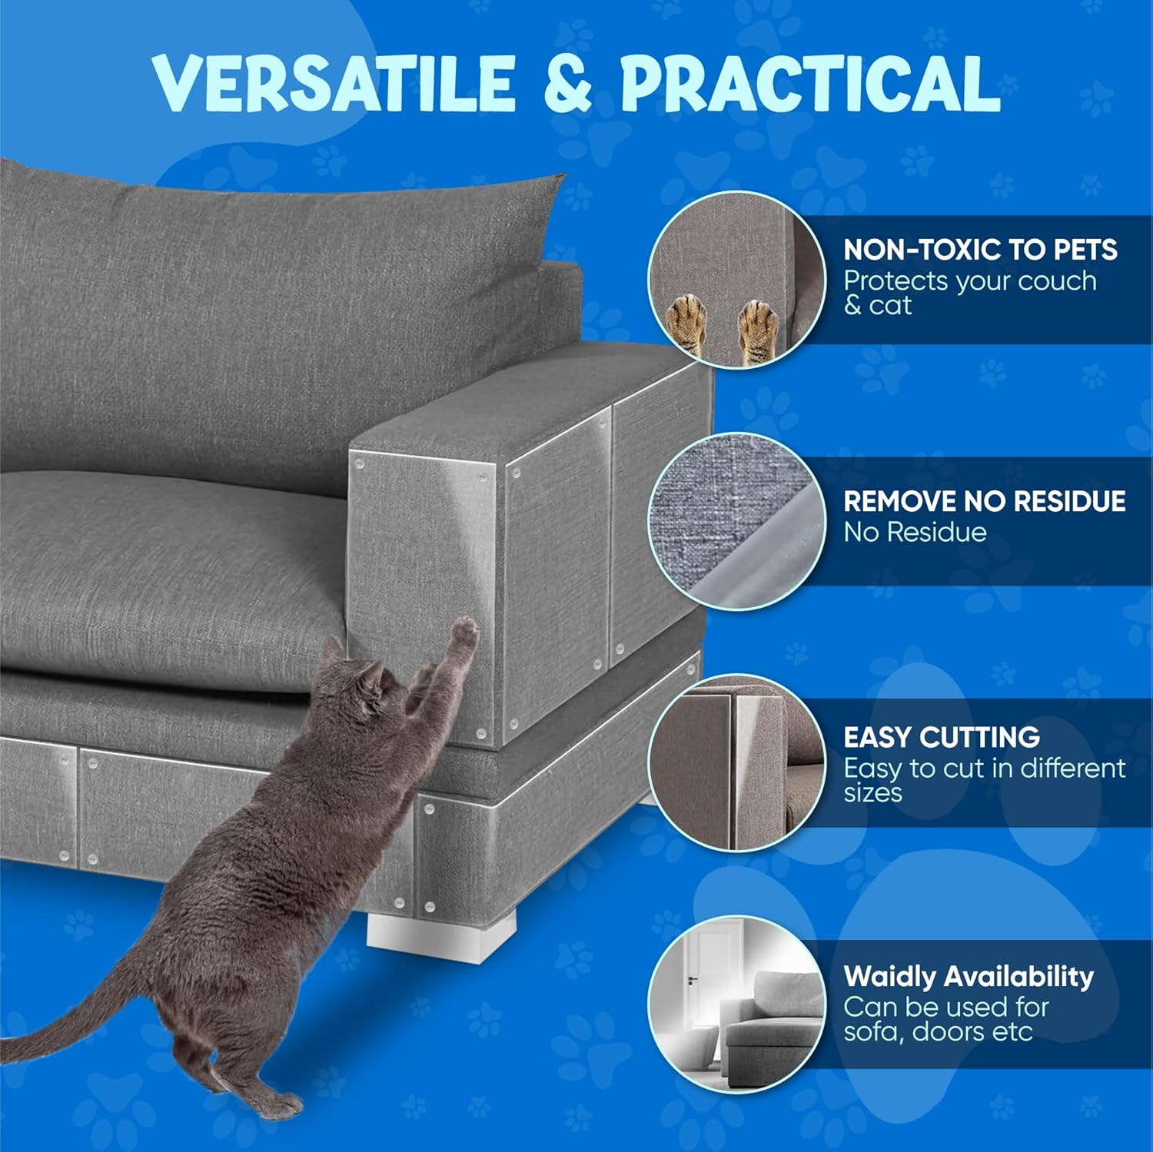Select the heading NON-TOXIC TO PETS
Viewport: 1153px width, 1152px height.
980,251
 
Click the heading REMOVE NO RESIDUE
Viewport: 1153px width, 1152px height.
984,501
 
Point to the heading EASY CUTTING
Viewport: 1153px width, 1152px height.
942,737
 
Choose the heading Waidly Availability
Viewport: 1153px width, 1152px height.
968,976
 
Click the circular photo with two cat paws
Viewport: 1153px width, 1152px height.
736,281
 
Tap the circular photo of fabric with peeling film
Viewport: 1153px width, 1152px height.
736,523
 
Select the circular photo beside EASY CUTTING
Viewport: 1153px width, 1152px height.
736,763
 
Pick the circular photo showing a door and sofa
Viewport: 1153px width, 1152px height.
736,1002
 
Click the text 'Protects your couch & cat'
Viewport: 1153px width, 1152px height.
969,293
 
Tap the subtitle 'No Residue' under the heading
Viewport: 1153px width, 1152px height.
915,532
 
